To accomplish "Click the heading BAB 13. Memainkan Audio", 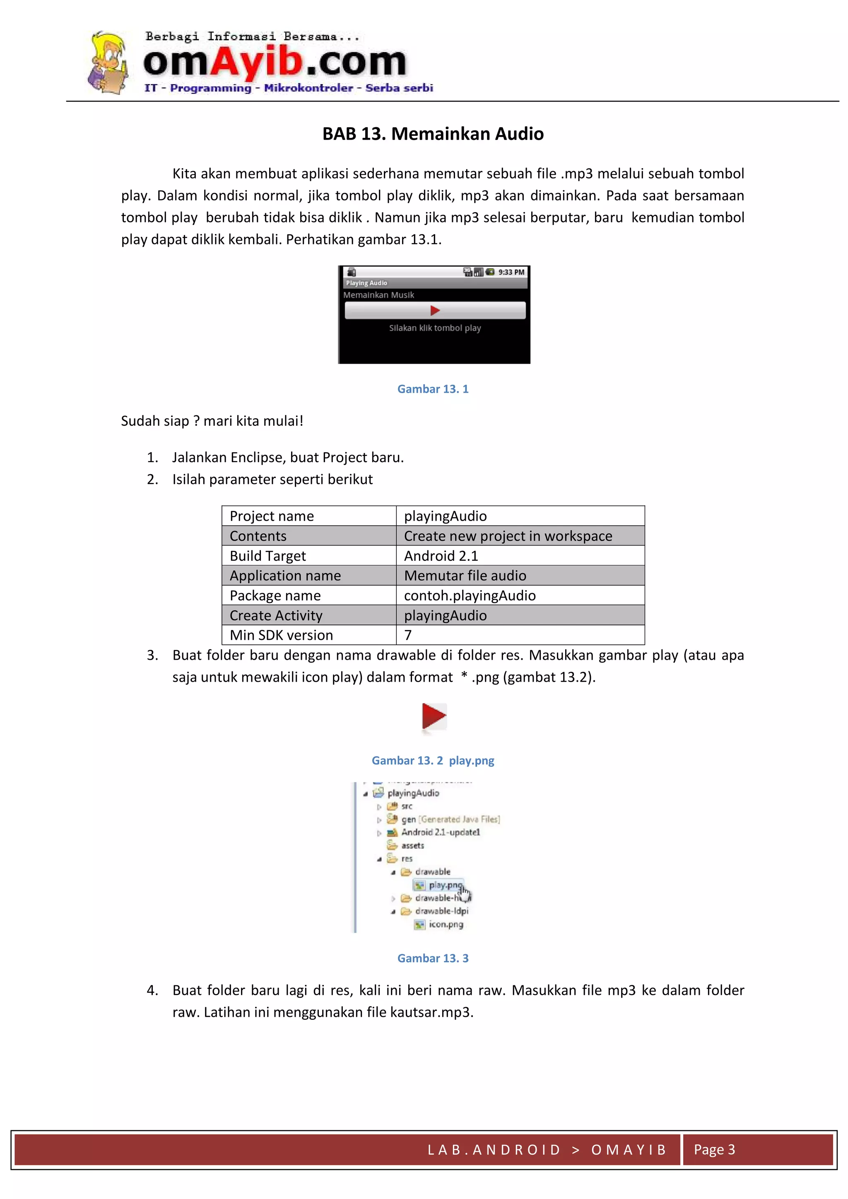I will pos(433,134).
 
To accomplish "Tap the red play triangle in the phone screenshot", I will pos(435,311).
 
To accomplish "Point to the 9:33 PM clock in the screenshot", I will pos(511,272).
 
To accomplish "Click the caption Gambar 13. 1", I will pos(433,389).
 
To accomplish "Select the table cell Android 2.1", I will pos(441,556).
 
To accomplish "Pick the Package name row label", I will pos(275,595).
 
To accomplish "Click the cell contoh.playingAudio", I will pos(470,595).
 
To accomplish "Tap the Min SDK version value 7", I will pos(408,635).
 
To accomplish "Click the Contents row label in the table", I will pos(258,536).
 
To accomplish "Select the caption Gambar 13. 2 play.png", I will pos(433,760).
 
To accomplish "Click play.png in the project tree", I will pos(444,885).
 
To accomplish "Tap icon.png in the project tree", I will pos(446,924).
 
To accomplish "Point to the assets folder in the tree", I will pos(412,845).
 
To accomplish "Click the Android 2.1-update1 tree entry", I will pos(440,832).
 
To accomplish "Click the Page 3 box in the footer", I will pos(714,1149).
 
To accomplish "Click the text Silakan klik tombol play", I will pos(435,328).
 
